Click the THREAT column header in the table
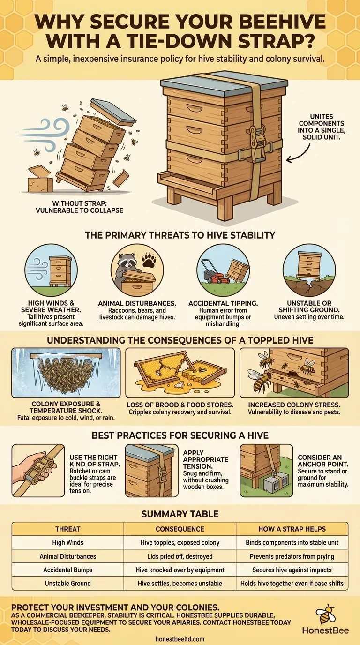[x=67, y=529]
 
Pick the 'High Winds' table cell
[x=67, y=542]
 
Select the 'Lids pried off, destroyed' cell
[x=180, y=556]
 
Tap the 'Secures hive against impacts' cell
[x=292, y=570]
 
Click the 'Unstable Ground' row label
[x=67, y=584]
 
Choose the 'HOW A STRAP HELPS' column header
[x=292, y=529]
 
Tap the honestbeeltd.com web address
[x=180, y=639]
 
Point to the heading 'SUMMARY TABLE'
[x=180, y=514]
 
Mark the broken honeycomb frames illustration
[x=180, y=372]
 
